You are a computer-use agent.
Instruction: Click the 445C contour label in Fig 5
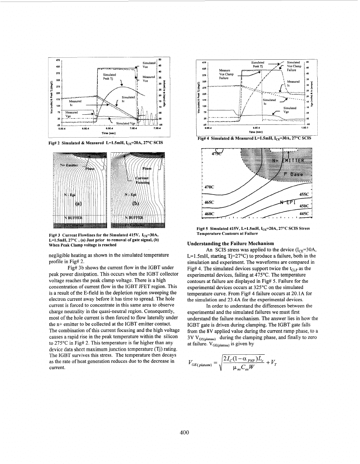[306, 213]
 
